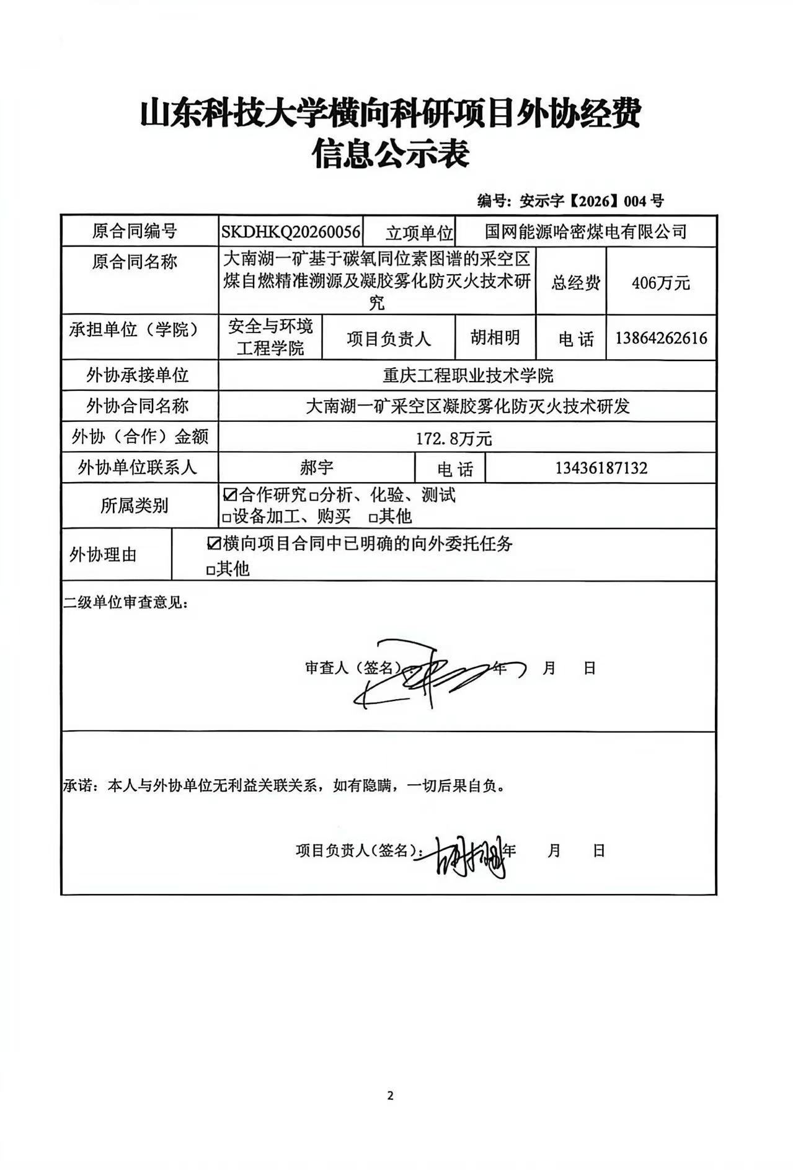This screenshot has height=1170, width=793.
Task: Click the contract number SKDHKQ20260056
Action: click(x=291, y=232)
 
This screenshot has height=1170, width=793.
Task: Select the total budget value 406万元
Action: click(x=660, y=283)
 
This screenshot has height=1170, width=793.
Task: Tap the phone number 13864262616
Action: click(x=661, y=338)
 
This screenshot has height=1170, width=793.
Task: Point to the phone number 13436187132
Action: click(x=601, y=468)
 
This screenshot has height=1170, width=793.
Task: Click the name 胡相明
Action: click(x=495, y=337)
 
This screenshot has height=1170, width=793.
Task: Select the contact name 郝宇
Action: click(x=316, y=467)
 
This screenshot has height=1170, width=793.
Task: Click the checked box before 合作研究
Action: click(x=229, y=495)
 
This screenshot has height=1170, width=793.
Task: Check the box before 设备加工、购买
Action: click(x=227, y=517)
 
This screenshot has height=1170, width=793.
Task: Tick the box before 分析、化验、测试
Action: click(x=314, y=496)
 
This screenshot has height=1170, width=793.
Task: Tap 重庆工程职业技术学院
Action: click(x=467, y=375)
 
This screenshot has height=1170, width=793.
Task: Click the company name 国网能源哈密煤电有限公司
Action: click(x=585, y=232)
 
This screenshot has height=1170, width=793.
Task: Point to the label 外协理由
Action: click(x=103, y=555)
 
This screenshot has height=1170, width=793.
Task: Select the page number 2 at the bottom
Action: click(x=390, y=1096)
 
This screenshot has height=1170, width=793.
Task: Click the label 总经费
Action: click(x=576, y=284)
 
